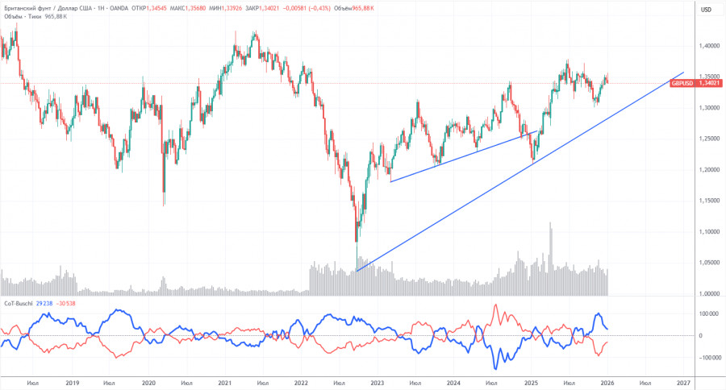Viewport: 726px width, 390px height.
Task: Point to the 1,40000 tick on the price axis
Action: point(708,48)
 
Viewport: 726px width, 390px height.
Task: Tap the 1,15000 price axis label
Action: point(708,201)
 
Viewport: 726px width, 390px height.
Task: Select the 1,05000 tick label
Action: point(708,262)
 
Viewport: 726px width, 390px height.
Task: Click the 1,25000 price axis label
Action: point(708,139)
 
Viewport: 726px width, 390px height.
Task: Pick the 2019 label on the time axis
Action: point(72,383)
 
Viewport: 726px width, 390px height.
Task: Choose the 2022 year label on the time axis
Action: point(302,383)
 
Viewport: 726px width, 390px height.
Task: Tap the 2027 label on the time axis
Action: point(682,383)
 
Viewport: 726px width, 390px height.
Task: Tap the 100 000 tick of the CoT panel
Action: point(709,313)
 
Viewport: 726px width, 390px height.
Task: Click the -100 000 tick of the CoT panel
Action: point(707,357)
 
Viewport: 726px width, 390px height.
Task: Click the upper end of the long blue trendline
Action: point(683,73)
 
